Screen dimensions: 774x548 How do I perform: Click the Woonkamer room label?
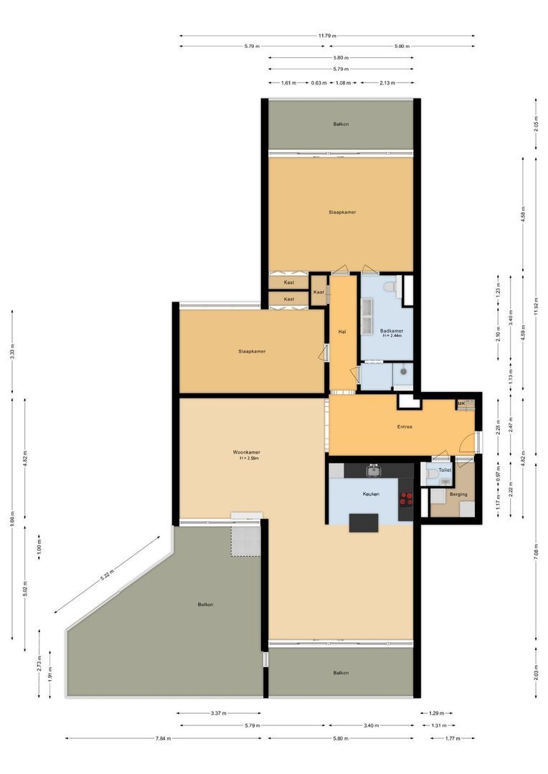pyautogui.click(x=246, y=452)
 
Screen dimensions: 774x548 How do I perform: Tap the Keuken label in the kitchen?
pyautogui.click(x=370, y=494)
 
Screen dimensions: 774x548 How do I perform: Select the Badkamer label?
pyautogui.click(x=391, y=330)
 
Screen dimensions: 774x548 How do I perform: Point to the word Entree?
pyautogui.click(x=405, y=427)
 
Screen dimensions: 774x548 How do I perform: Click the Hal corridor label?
pyautogui.click(x=342, y=332)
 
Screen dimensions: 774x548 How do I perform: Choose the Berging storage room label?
pyautogui.click(x=458, y=494)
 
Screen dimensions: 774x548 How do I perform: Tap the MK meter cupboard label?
pyautogui.click(x=461, y=404)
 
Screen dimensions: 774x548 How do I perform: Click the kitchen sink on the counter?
pyautogui.click(x=373, y=470)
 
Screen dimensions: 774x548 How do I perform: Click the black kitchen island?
pyautogui.click(x=363, y=523)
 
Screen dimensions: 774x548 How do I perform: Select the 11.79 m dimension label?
pyautogui.click(x=328, y=35)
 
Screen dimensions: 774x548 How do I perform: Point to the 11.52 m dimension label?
pyautogui.click(x=535, y=317)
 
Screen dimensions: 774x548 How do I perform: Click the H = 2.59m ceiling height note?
pyautogui.click(x=249, y=459)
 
